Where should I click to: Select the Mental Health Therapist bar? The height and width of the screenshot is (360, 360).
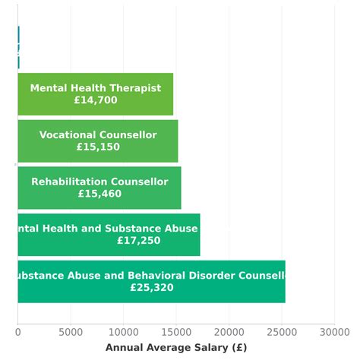coord(95,94)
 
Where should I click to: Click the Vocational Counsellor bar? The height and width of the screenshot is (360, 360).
coord(97,141)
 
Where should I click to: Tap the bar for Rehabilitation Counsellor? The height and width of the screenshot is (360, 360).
coord(99,188)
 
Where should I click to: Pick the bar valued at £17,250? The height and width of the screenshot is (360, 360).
coord(109,235)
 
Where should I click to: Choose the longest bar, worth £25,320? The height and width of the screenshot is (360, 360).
coord(151,282)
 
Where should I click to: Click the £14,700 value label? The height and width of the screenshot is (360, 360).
coord(96,100)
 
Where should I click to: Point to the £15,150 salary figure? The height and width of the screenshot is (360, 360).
coord(98,147)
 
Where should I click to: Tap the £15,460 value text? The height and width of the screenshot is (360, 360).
coord(99,194)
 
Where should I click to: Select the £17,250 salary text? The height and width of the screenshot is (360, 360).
coord(138,241)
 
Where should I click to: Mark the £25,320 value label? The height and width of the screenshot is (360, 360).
coord(151,288)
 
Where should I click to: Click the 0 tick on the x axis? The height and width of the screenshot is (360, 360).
coord(17,332)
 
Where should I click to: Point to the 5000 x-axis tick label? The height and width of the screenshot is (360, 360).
coord(71,332)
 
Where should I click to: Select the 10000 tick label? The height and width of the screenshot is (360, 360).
coord(123,332)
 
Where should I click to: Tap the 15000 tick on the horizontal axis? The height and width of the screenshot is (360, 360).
coord(176,332)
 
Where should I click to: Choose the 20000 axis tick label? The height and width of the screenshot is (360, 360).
coord(229,332)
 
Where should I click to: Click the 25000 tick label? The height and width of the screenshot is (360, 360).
coord(282,332)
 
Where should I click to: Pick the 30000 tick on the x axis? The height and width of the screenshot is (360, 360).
coord(334,332)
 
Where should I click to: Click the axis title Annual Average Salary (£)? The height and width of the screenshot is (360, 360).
coord(175,348)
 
